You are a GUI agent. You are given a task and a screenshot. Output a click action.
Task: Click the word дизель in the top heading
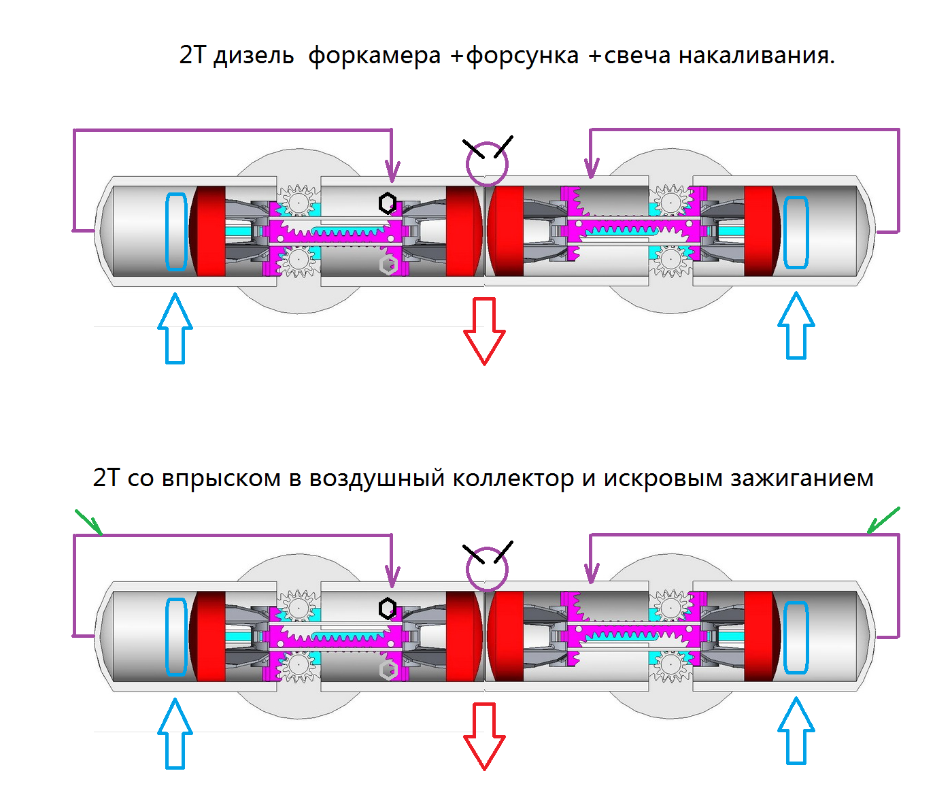(253, 56)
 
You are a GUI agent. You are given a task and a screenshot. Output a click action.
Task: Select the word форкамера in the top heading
(374, 56)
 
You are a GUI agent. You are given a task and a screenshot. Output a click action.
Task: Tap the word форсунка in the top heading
(522, 56)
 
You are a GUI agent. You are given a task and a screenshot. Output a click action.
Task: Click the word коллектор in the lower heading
(513, 479)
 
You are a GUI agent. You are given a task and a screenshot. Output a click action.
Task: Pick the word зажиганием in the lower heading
(802, 479)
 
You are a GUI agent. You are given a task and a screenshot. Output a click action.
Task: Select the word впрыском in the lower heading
(221, 479)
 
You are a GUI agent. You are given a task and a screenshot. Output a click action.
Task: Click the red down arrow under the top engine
(484, 330)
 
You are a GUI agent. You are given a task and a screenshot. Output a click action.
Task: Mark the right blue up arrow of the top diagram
(796, 326)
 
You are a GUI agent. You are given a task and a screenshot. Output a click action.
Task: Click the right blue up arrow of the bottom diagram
(796, 731)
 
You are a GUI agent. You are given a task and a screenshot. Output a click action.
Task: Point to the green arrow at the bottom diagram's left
(88, 522)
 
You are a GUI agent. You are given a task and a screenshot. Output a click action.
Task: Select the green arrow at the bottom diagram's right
(883, 520)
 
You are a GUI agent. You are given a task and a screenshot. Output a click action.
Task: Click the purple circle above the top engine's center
(487, 164)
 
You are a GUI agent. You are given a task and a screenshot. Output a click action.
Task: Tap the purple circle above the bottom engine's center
(487, 569)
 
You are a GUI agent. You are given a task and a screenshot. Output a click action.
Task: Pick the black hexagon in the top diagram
(387, 203)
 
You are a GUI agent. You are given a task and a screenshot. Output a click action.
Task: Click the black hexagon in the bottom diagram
(387, 608)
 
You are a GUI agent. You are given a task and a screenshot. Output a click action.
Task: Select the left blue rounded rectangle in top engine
(176, 232)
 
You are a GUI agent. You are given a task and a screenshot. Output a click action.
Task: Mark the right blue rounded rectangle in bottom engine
(796, 637)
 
